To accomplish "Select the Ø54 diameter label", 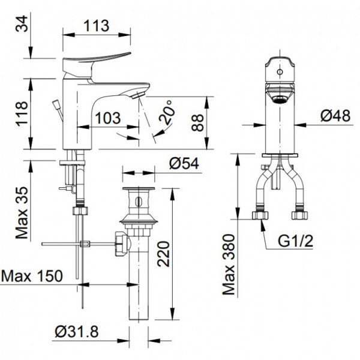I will tap(183, 162).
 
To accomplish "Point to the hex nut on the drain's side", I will tap(121, 244).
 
